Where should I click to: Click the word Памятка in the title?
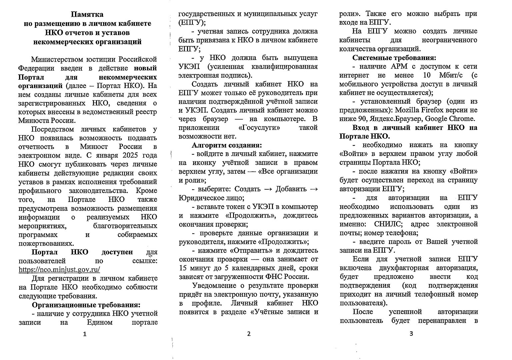[x=87, y=15]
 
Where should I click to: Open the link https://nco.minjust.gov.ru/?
[x=60, y=269]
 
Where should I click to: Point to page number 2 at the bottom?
[x=249, y=334]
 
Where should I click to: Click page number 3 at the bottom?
[x=411, y=334]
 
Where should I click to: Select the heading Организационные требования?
[x=86, y=305]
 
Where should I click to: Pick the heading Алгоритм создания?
[x=227, y=145]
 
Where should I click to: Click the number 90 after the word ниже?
[x=359, y=119]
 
